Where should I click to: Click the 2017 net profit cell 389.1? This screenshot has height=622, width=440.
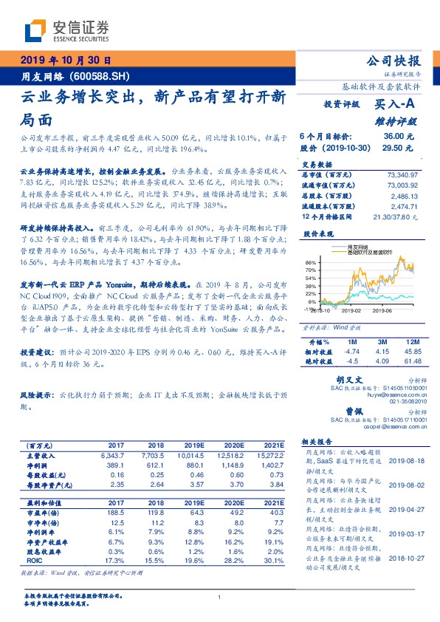[x=115, y=465]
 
